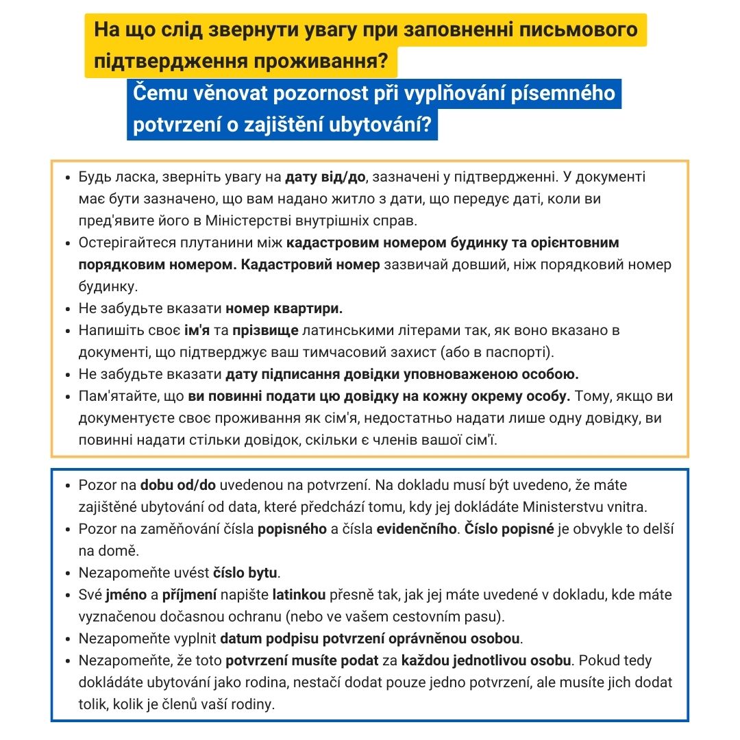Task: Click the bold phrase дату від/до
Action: (325, 177)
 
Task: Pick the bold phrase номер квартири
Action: (284, 308)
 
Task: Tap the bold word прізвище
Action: (265, 330)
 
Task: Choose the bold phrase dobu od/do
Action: (178, 485)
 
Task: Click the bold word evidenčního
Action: (417, 529)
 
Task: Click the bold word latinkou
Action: (299, 595)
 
